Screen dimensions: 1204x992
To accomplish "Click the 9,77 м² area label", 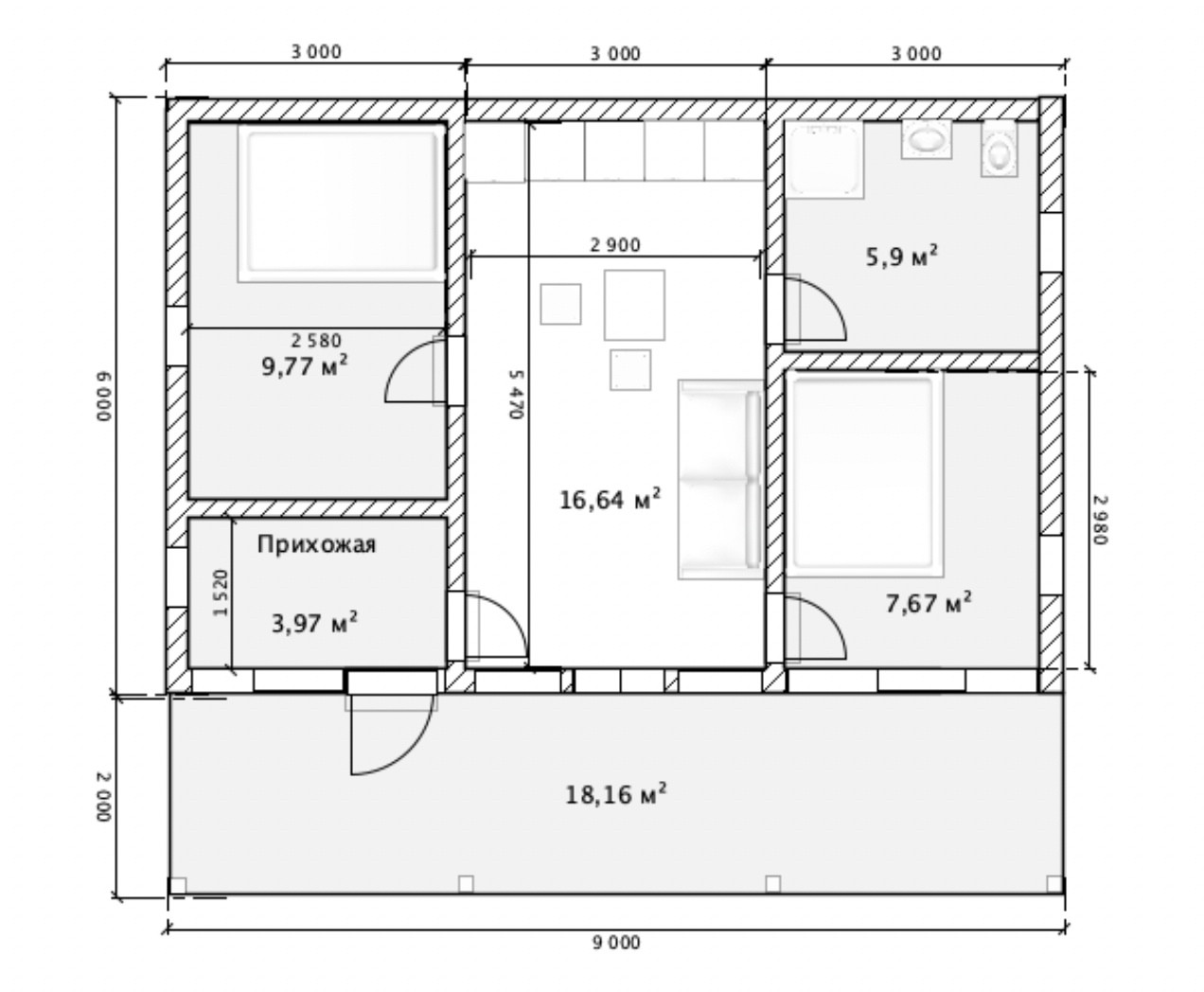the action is pyautogui.click(x=305, y=365).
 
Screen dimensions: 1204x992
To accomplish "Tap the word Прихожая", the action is pyautogui.click(x=316, y=544).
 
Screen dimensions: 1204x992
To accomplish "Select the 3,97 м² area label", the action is pyautogui.click(x=314, y=623).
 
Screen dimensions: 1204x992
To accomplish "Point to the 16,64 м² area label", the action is pyautogui.click(x=611, y=500).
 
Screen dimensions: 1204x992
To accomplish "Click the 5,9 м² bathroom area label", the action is pyautogui.click(x=902, y=257).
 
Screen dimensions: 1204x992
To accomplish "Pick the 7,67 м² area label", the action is pyautogui.click(x=929, y=603).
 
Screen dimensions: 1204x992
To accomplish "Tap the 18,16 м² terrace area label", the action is pyautogui.click(x=616, y=795).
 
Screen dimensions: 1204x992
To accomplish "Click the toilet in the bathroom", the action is pyautogui.click(x=999, y=149).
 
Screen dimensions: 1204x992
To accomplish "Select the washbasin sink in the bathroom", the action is pyautogui.click(x=927, y=139).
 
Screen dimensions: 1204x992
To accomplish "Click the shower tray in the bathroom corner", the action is pyautogui.click(x=824, y=160).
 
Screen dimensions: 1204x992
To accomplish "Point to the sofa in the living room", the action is pyautogui.click(x=720, y=479).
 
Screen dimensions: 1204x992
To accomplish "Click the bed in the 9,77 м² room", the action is pyautogui.click(x=342, y=203).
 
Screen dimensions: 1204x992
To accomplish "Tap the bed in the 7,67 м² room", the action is pyautogui.click(x=864, y=474).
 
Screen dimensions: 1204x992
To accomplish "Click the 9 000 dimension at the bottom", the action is pyautogui.click(x=616, y=943).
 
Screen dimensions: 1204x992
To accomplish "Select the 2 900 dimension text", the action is pyautogui.click(x=615, y=245).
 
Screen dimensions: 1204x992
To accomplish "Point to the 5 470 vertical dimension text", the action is pyautogui.click(x=515, y=395).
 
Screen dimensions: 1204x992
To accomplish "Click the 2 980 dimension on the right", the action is pyautogui.click(x=1100, y=520).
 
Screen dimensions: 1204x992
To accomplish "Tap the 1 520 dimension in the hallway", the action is pyautogui.click(x=221, y=593).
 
